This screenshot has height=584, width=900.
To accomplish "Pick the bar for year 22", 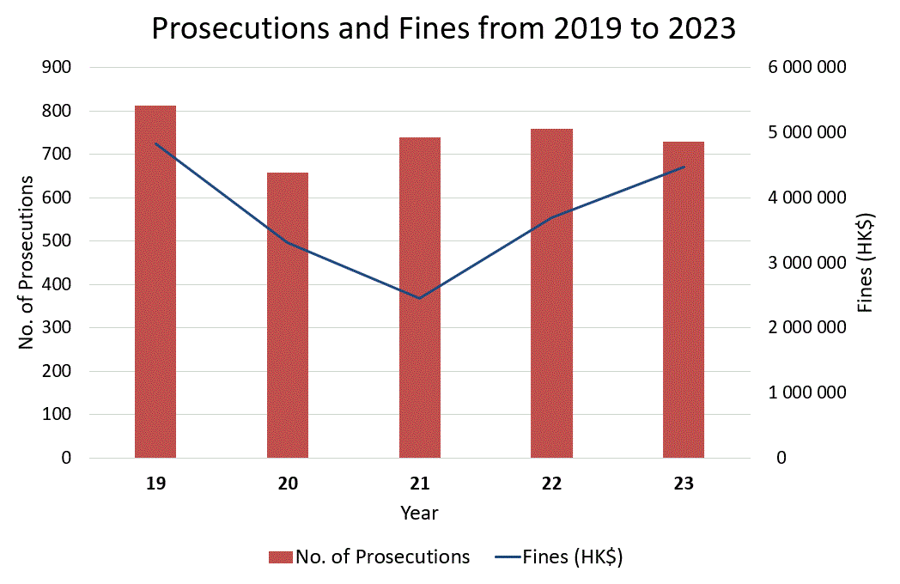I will [551, 293].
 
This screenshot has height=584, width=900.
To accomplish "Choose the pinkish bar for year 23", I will [684, 300].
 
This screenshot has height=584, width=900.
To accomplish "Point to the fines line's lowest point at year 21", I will [419, 298].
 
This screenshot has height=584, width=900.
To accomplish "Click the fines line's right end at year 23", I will [684, 167].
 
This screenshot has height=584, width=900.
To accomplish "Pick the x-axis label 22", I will [551, 484].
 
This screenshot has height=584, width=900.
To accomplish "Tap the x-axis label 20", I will [288, 484].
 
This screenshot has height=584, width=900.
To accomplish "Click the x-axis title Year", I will [419, 514].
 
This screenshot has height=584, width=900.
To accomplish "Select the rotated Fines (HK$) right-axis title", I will [867, 261].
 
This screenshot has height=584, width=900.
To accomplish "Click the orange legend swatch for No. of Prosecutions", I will [281, 557].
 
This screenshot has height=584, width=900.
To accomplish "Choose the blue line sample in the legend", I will [508, 557].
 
